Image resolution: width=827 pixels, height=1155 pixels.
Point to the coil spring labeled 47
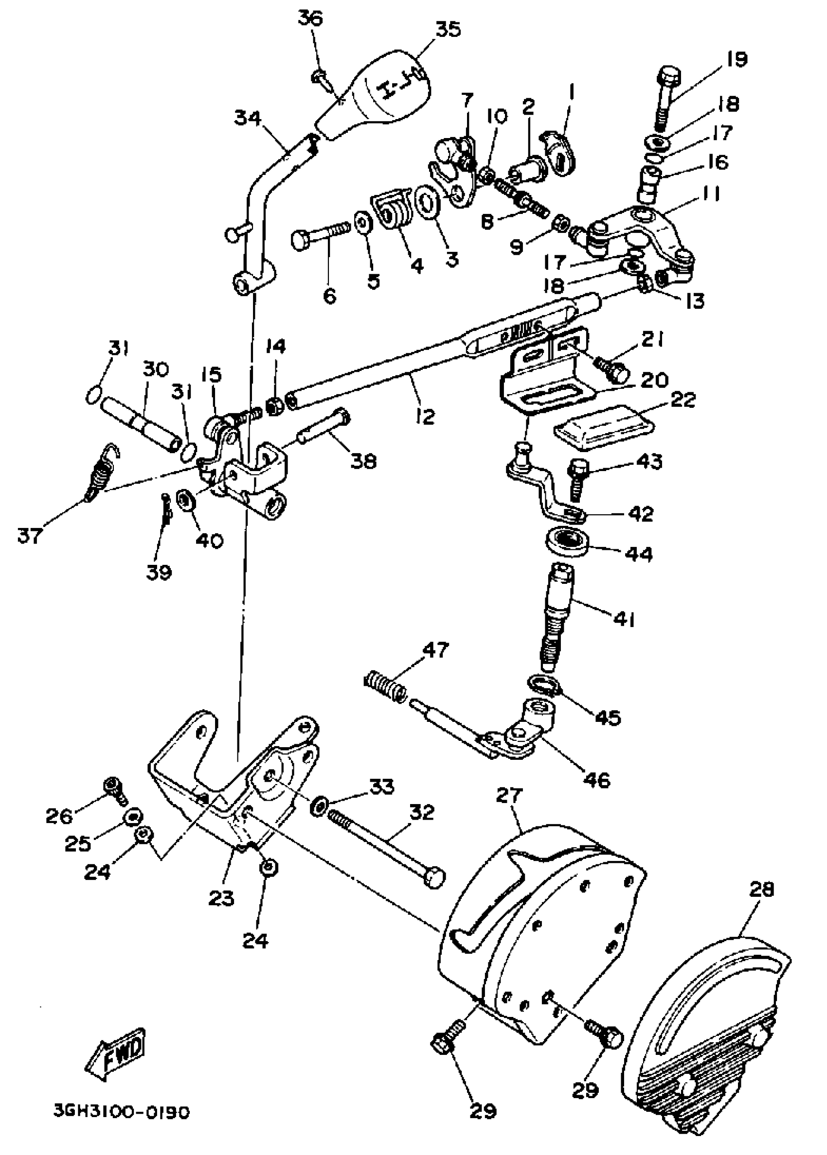pos(385,686)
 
